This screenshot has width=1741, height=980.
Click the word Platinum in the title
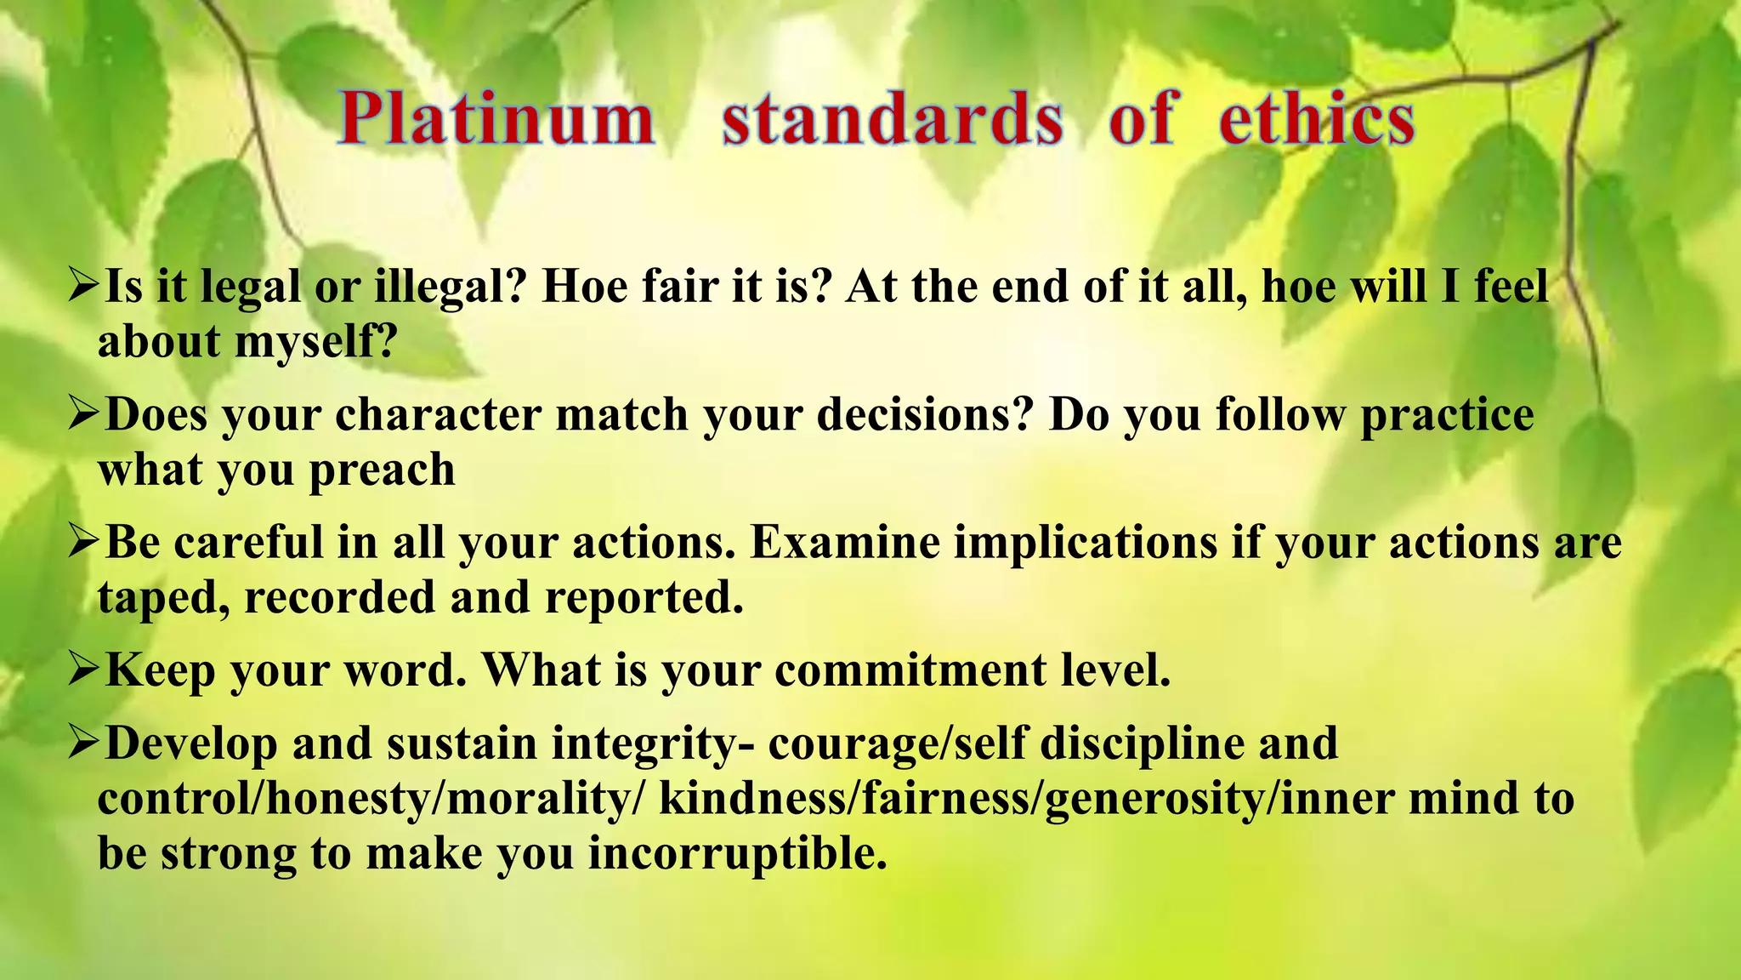pyautogui.click(x=496, y=119)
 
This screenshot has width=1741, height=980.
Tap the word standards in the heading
pyautogui.click(x=893, y=119)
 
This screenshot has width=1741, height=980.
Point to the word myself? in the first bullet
pyautogui.click(x=315, y=342)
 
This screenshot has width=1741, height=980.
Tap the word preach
pyautogui.click(x=382, y=470)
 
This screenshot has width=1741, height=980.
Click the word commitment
pyautogui.click(x=910, y=670)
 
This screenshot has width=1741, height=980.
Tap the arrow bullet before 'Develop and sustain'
pyautogui.click(x=84, y=742)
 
